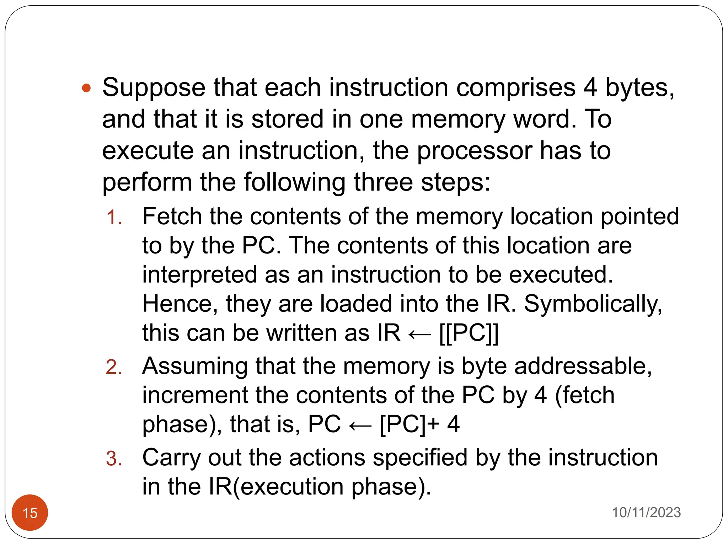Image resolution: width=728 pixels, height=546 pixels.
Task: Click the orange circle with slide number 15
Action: pyautogui.click(x=30, y=513)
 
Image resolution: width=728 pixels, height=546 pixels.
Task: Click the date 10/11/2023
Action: pyautogui.click(x=646, y=512)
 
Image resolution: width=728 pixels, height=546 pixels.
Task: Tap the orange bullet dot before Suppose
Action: pyautogui.click(x=86, y=88)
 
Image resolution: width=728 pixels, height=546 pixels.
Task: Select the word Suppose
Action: pyautogui.click(x=154, y=88)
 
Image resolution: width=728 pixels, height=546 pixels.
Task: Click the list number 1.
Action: pyautogui.click(x=114, y=217)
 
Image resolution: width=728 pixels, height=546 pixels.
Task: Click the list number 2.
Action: pyautogui.click(x=114, y=367)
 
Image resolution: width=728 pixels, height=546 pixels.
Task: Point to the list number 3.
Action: pyautogui.click(x=114, y=458)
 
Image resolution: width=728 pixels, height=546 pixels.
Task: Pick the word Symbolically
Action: pyautogui.click(x=593, y=304)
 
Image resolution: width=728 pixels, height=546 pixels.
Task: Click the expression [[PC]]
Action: pyautogui.click(x=469, y=333)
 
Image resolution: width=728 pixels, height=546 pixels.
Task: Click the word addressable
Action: pyautogui.click(x=583, y=366)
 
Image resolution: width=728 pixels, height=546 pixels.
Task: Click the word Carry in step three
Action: pyautogui.click(x=172, y=458)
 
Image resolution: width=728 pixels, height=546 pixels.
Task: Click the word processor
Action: pyautogui.click(x=474, y=151)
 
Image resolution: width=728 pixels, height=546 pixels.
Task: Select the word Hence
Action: pyautogui.click(x=180, y=304)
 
